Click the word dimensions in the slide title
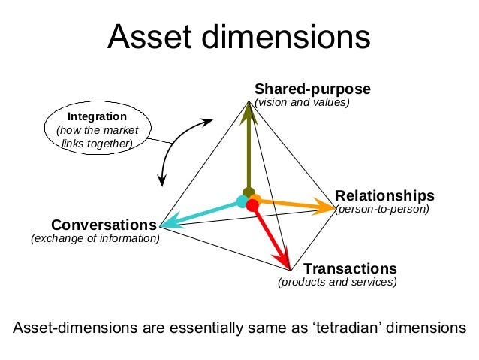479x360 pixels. [x=294, y=38]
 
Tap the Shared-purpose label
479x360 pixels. [x=313, y=89]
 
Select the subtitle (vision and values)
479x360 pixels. [x=303, y=102]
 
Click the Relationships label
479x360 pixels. [x=384, y=196]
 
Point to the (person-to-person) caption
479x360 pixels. [x=382, y=210]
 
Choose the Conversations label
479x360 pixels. [x=104, y=225]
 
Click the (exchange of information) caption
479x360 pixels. [x=95, y=239]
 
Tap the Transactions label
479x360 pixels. [x=350, y=268]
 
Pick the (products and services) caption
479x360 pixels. [x=337, y=283]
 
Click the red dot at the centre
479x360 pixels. [x=252, y=205]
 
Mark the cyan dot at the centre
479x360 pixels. [x=242, y=201]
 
